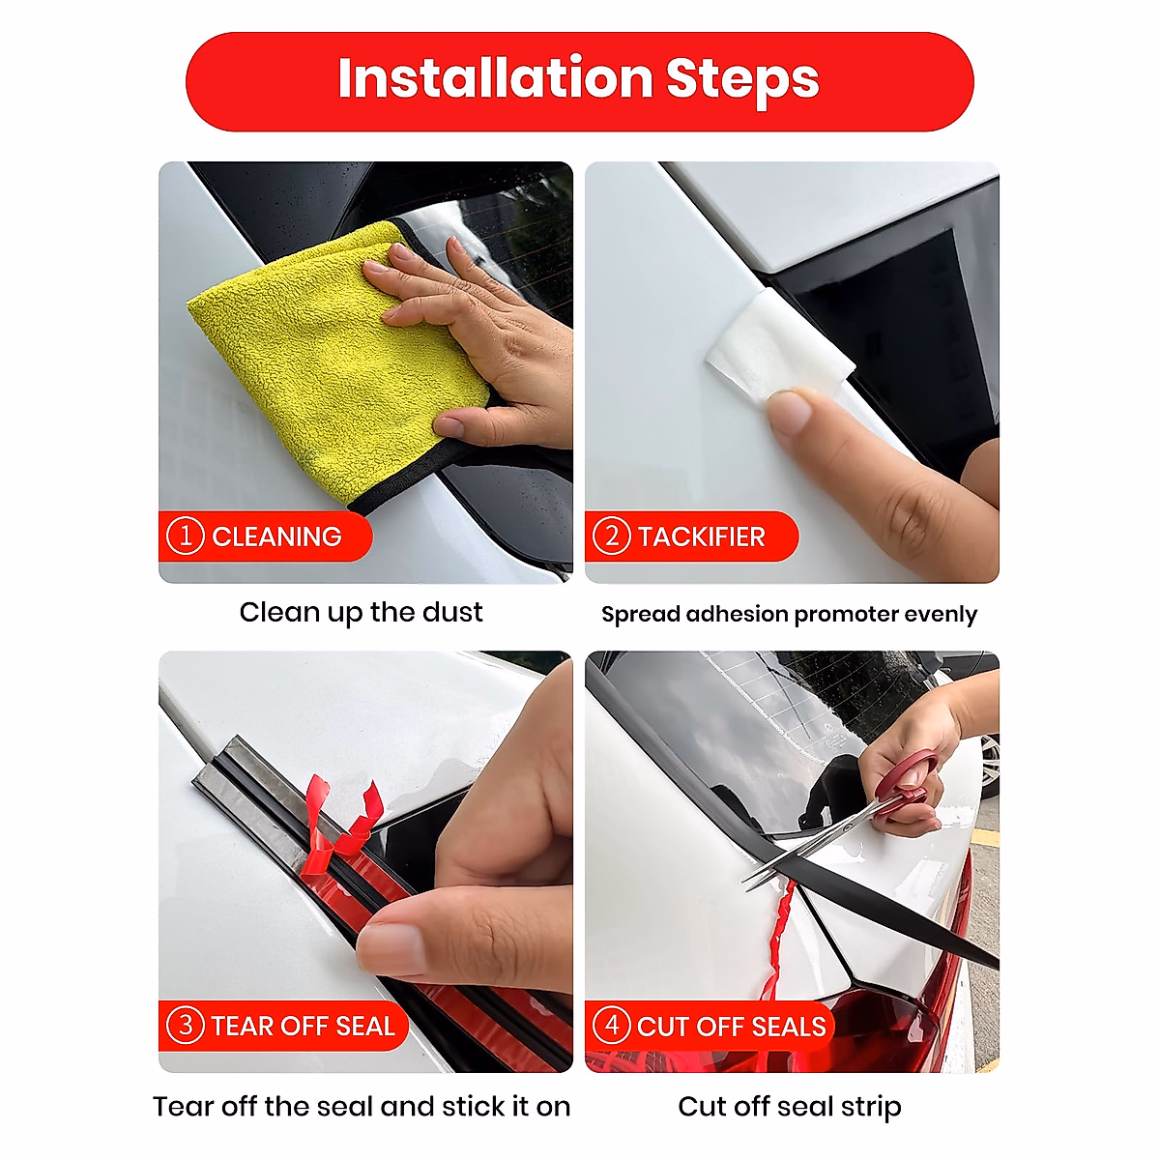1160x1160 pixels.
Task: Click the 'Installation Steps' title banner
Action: point(579,81)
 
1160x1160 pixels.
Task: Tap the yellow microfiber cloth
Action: point(337,362)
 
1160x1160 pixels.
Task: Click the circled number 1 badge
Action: point(186,536)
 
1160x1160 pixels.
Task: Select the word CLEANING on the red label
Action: point(276,536)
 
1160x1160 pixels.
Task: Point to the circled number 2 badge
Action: point(612,536)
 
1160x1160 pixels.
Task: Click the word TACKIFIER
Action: point(701,536)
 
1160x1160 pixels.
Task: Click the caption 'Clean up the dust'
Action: point(361,612)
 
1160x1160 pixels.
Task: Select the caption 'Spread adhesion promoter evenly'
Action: point(789,614)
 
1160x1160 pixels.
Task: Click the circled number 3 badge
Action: point(186,1026)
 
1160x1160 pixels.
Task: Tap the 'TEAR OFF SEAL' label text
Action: point(303,1026)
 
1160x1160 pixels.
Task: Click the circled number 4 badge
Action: point(612,1026)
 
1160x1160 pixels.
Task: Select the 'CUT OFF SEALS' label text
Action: point(731,1027)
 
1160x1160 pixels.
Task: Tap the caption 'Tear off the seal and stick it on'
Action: point(362,1107)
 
